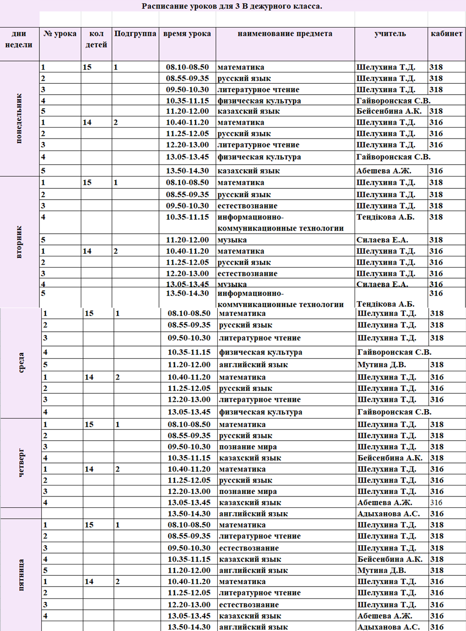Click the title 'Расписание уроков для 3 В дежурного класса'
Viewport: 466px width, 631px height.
(232, 6)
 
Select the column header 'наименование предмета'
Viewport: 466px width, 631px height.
(285, 34)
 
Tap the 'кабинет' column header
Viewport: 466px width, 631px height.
(446, 34)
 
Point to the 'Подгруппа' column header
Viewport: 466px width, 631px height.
(135, 34)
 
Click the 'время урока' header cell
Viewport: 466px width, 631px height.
(187, 34)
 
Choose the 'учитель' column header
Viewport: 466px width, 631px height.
(390, 34)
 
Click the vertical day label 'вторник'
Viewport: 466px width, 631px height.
(19, 242)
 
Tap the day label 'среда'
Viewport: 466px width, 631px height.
(20, 363)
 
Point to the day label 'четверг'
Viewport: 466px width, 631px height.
(20, 463)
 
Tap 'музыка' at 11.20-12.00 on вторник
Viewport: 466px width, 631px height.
(233, 240)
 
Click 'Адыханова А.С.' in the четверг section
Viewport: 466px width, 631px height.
(389, 514)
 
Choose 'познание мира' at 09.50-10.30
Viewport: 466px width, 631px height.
(248, 447)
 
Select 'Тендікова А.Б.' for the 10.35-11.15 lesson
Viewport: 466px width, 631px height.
(385, 217)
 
